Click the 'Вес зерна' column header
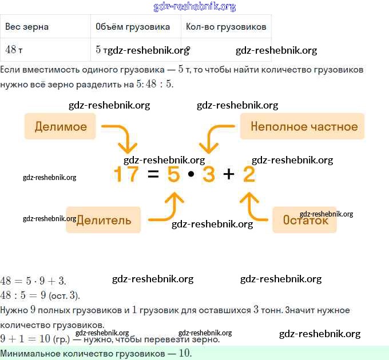pos(27,27)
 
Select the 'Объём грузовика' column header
pos(133,27)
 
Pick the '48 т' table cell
pos(14,50)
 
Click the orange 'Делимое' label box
pos(61,126)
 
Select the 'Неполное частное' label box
pos(303,126)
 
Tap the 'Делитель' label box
pos(104,220)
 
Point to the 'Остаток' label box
pos(305,220)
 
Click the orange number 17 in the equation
pos(126,174)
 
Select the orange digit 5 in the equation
pos(173,174)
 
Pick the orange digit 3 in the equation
pos(208,174)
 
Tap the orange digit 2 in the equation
pos(249,174)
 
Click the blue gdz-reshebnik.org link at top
pos(194,7)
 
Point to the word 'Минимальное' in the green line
pos(29,353)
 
